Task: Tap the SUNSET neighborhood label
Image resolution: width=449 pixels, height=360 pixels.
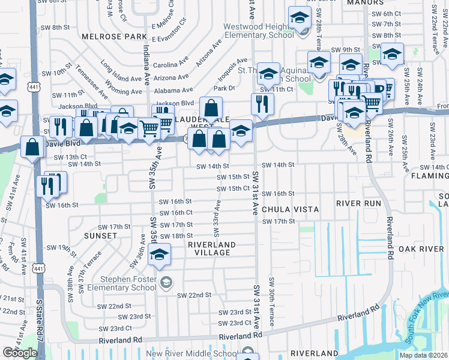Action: [100, 236]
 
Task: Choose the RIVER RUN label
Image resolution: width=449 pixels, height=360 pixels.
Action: [358, 203]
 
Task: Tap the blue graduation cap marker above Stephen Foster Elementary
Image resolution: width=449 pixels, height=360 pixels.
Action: [159, 255]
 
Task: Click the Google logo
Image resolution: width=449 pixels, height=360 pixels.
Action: [19, 352]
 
